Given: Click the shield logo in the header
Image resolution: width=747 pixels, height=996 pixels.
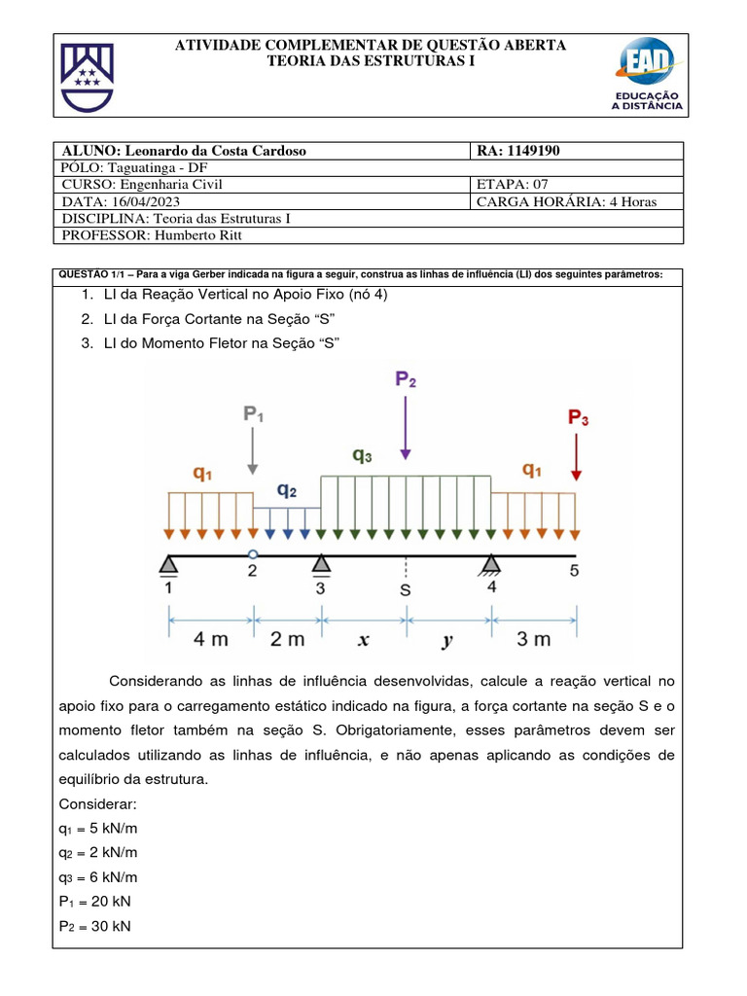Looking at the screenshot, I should click(88, 76).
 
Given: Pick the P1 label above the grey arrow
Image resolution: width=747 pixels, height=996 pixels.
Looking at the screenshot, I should click(253, 414).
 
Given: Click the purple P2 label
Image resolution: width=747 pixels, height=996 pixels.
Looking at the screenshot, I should click(406, 378).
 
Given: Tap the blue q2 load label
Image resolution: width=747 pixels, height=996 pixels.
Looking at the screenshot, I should click(287, 490).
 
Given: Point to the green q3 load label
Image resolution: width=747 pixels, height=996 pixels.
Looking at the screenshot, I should click(362, 454).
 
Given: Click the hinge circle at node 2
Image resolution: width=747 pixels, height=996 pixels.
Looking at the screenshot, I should click(253, 554).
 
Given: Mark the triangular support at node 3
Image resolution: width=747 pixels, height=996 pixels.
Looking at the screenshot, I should click(321, 564).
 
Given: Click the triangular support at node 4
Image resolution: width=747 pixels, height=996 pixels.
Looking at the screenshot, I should click(491, 564).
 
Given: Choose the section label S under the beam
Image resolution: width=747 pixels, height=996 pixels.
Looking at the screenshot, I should click(406, 589).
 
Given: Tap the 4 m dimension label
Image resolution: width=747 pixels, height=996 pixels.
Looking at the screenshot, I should click(211, 639).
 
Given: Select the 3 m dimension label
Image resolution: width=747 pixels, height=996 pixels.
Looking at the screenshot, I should click(534, 639).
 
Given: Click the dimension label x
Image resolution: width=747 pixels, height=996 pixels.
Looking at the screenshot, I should click(364, 639).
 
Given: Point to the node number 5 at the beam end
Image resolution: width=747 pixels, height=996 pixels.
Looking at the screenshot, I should click(574, 571).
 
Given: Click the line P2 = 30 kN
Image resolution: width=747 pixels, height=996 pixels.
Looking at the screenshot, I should click(94, 926).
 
